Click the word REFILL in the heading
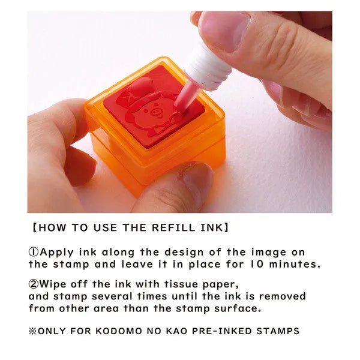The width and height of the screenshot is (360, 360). click(x=173, y=227)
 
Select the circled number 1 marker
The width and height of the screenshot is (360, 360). click(x=34, y=252)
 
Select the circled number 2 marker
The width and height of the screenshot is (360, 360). click(x=34, y=284)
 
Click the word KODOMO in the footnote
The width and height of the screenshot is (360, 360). click(x=119, y=331)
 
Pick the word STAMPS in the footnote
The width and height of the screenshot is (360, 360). click(x=278, y=331)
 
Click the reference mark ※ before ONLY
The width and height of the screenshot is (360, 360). click(x=32, y=331)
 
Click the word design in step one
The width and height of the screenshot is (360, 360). click(x=184, y=253)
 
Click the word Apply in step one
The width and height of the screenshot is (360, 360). click(x=56, y=253)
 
